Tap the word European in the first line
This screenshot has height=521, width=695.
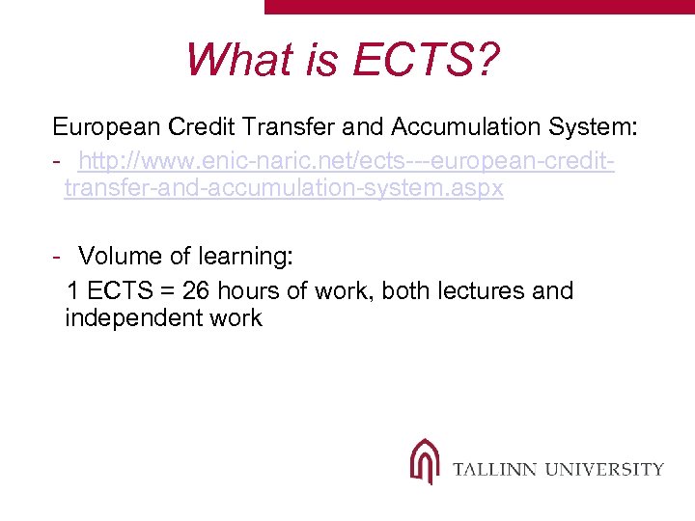106,126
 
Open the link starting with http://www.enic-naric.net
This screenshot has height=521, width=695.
347,158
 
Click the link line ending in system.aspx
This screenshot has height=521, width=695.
284,188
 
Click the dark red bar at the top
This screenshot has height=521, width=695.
479,6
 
